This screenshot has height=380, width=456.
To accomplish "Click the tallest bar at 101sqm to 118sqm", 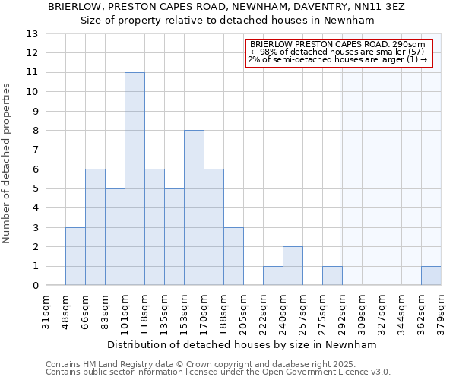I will (135, 179).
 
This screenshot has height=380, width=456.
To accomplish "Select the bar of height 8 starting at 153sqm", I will (194, 207).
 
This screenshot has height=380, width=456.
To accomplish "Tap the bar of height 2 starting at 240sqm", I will (293, 266).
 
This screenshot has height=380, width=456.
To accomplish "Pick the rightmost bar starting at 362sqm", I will (431, 276).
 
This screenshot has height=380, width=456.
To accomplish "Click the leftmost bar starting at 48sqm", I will (75, 256).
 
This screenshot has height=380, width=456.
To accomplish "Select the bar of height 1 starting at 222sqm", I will (273, 276).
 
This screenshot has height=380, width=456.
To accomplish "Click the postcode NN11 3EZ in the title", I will (385, 6).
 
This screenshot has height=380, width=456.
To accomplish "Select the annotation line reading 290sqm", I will (337, 45).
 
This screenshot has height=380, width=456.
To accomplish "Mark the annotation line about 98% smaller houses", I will (337, 52).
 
